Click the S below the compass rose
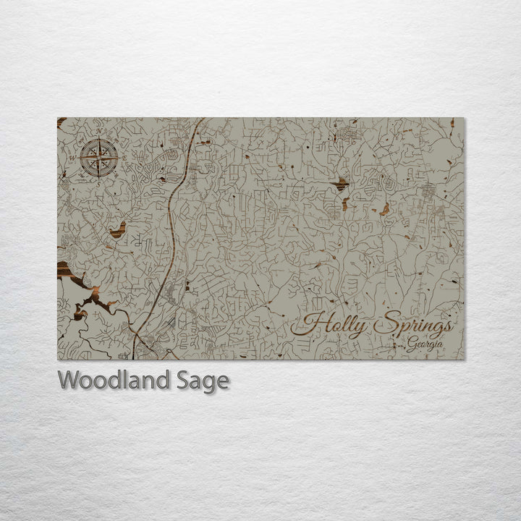99,182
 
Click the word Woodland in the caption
114,380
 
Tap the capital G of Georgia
410,344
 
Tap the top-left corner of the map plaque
58,118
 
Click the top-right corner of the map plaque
465,118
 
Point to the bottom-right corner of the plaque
465,360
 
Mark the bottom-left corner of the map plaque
58,360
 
